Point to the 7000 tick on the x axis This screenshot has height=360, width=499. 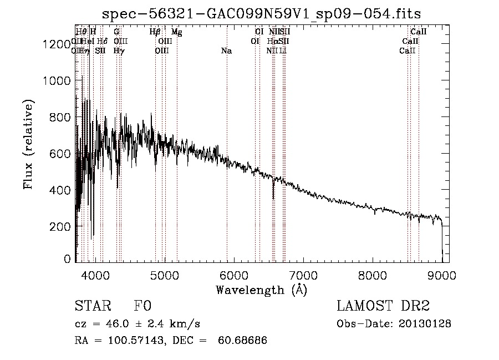(303, 276)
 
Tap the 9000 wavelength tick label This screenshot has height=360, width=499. (442, 276)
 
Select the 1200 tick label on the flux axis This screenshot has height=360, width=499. (56, 44)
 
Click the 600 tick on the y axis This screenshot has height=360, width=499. (61, 154)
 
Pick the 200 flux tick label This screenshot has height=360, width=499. (61, 226)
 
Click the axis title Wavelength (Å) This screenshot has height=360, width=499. (261, 290)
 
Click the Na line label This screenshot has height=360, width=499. (226, 50)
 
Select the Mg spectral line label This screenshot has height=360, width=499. (176, 32)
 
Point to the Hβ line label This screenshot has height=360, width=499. (155, 32)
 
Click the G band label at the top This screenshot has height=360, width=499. (116, 32)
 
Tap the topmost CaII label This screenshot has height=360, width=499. (417, 32)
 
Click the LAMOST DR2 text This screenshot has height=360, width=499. (383, 306)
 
